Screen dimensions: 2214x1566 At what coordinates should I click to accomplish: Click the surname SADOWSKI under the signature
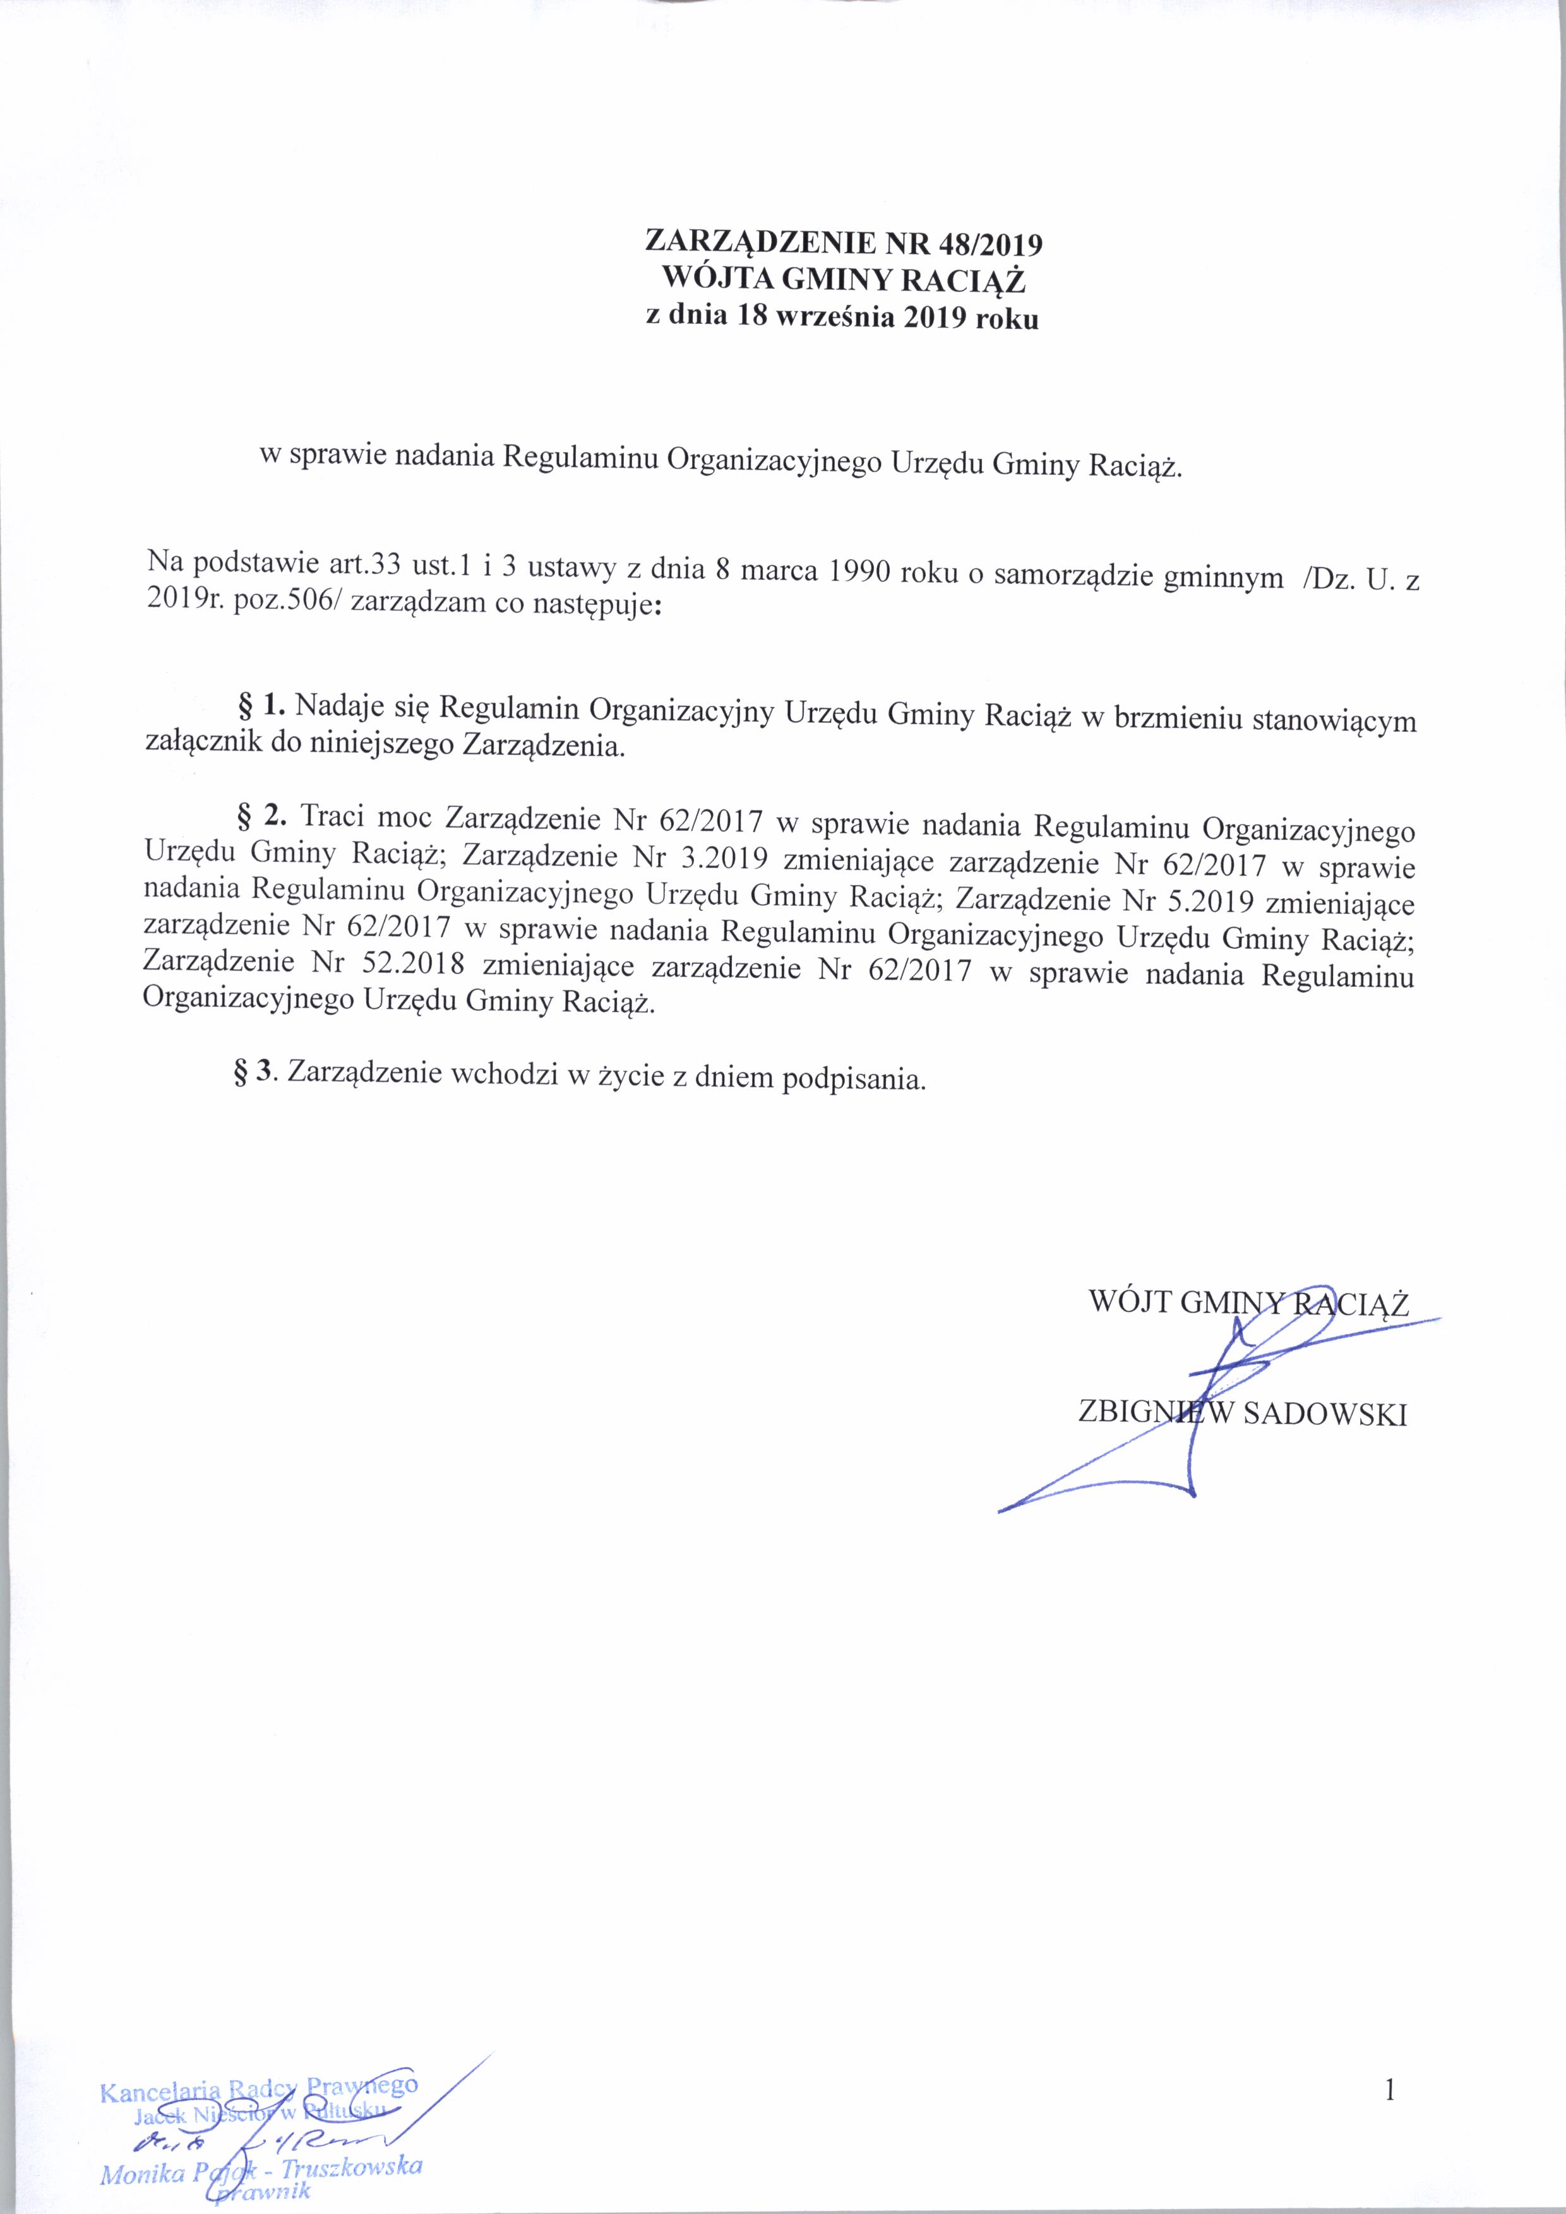tap(1325, 1415)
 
